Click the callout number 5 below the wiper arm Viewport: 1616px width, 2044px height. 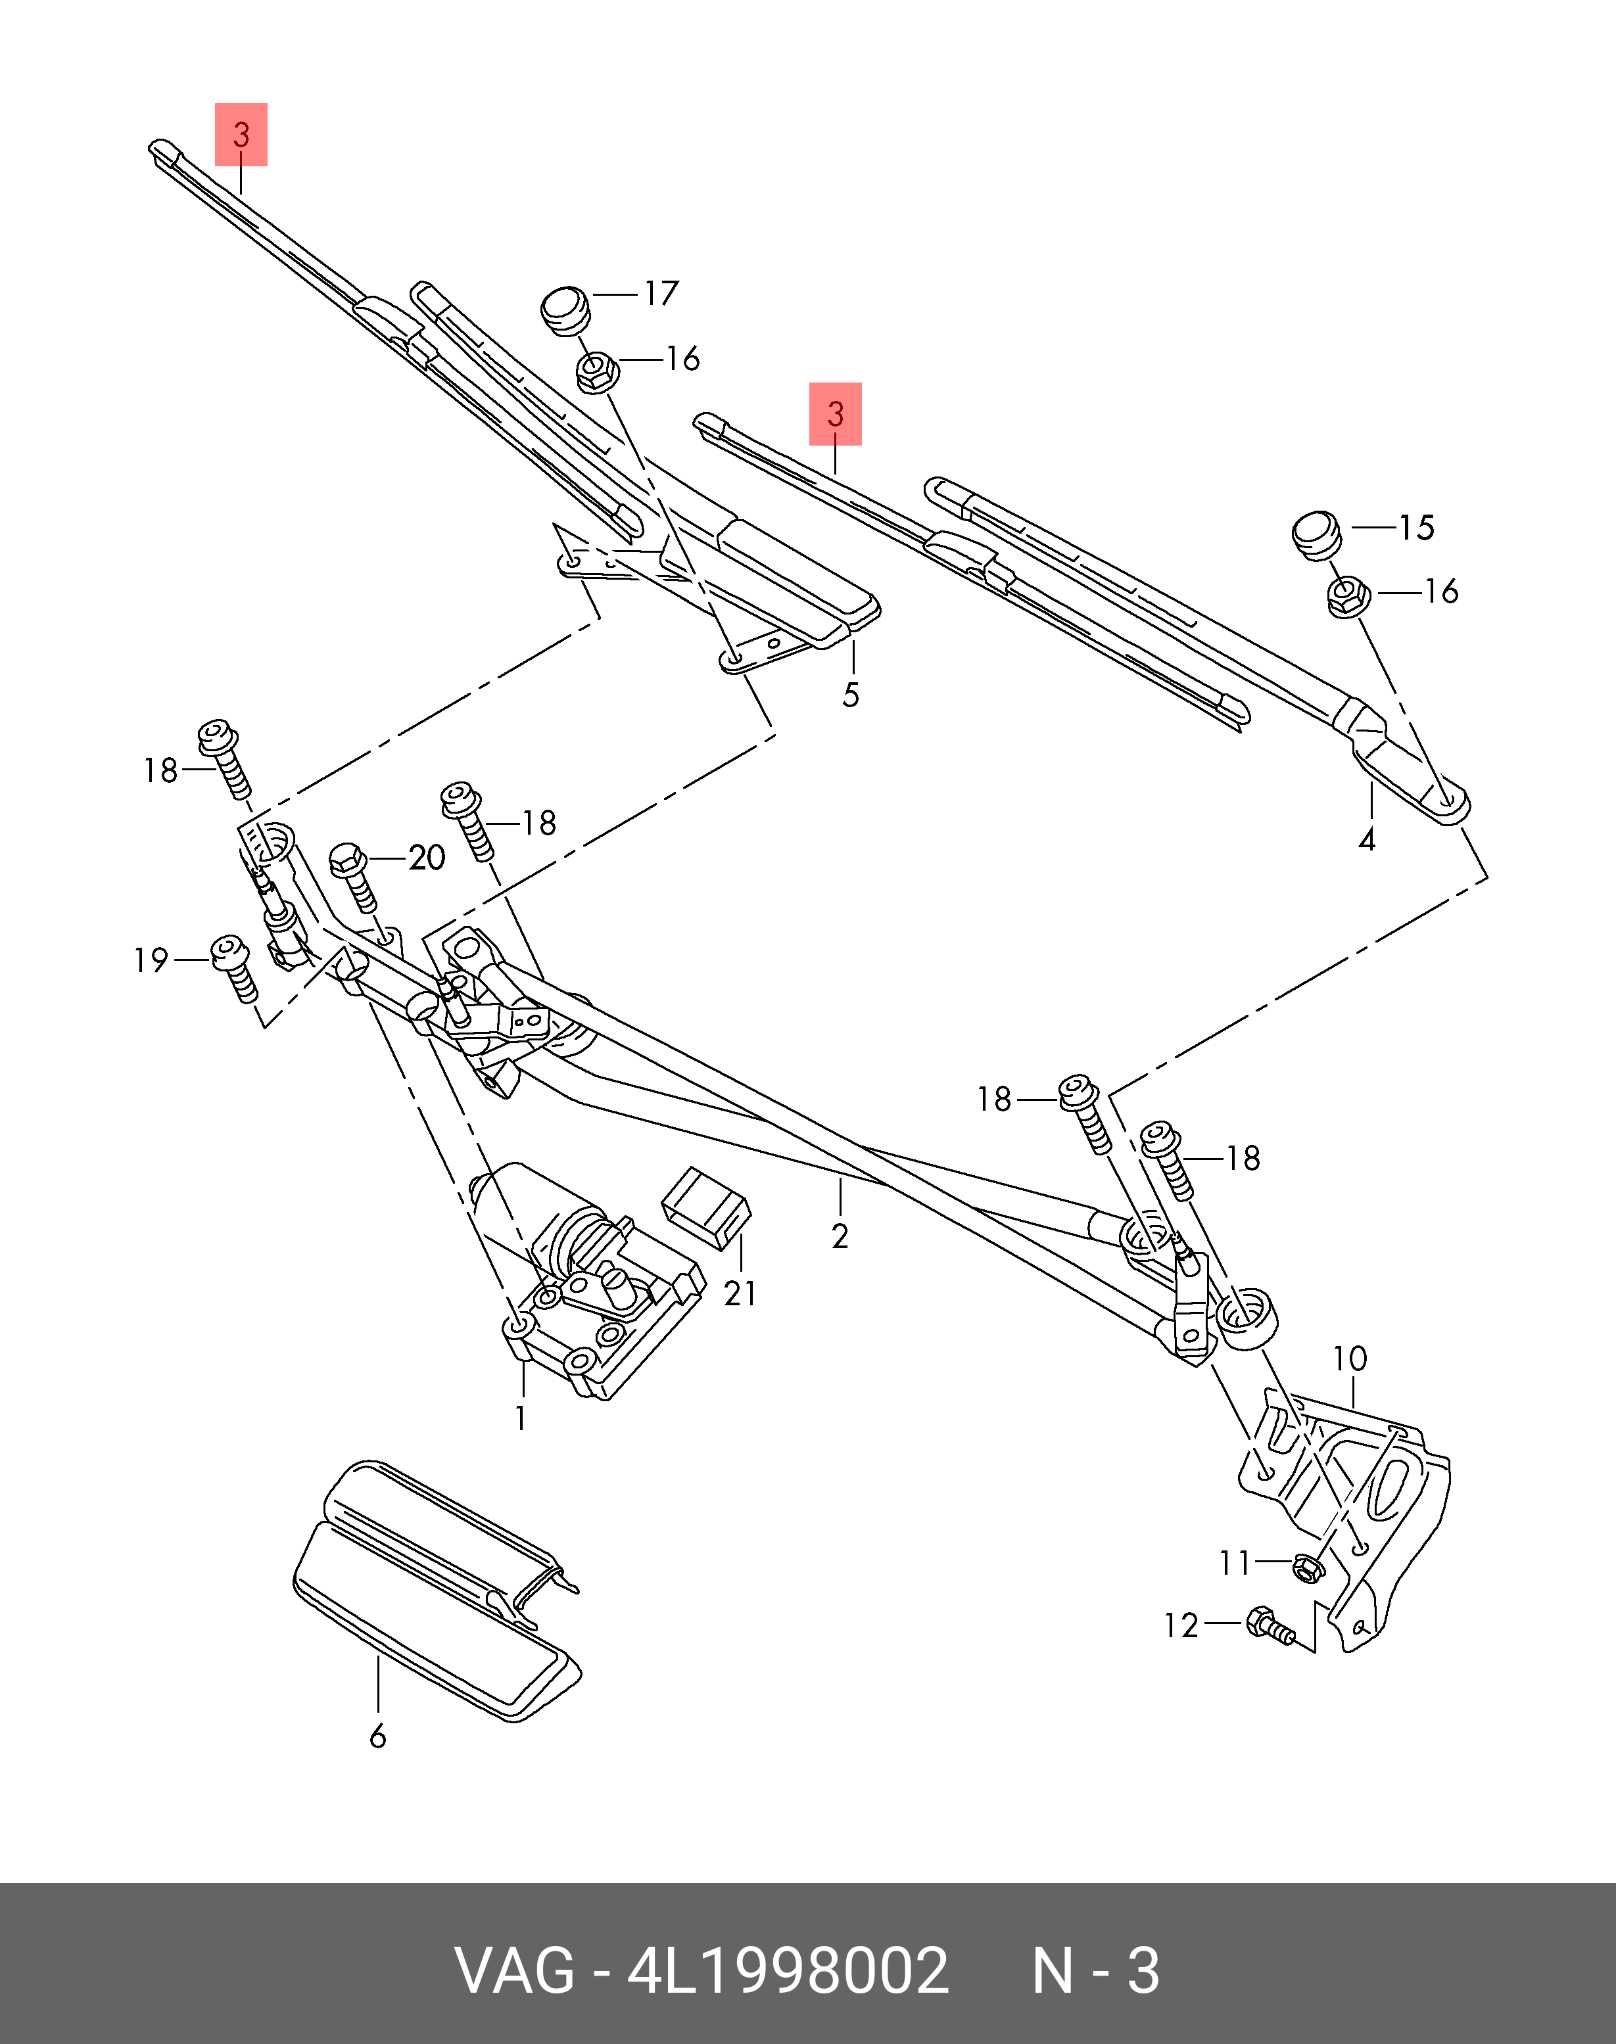point(851,695)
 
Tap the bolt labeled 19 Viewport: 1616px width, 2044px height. point(233,967)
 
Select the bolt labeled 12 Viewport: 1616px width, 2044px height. point(1268,1626)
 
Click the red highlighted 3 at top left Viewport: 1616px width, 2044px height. point(241,134)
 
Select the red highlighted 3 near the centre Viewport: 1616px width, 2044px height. point(834,413)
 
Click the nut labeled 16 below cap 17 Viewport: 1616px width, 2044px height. point(596,372)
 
